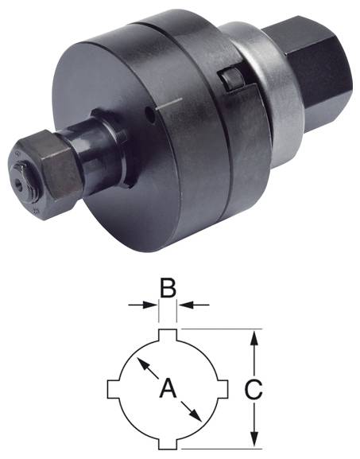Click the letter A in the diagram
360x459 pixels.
pos(168,389)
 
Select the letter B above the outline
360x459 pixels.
pos(168,287)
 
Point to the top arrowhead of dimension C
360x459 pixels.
pos(254,337)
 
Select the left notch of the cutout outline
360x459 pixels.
pos(114,389)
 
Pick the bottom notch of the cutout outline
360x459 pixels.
pos(168,443)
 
